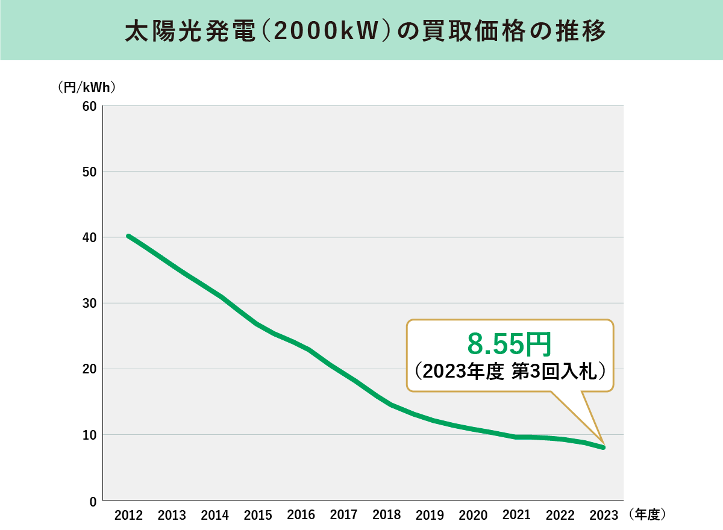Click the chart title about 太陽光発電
point(361,31)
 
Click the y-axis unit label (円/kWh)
point(87,87)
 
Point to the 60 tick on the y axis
point(89,106)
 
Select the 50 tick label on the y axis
point(89,172)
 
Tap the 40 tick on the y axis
point(89,237)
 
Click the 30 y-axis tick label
point(89,303)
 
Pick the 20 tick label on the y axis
point(89,369)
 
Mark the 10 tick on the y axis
point(89,434)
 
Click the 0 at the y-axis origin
point(92,500)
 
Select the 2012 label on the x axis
point(128,516)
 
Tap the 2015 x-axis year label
point(258,516)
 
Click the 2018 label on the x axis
point(387,516)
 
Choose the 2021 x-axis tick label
point(516,516)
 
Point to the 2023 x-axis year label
point(603,516)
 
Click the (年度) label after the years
point(646,515)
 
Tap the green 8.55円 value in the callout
point(510,345)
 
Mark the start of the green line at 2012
point(128,236)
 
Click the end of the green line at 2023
point(602,447)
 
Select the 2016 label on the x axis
point(301,516)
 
